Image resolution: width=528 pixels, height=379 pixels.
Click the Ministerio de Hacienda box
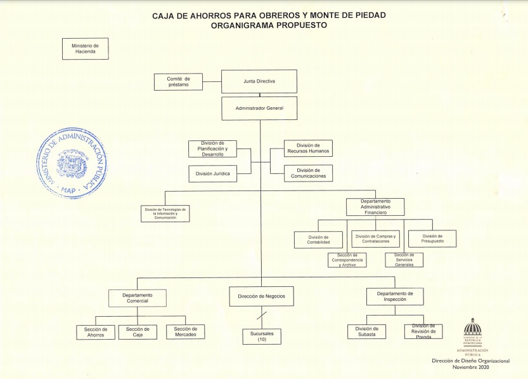(85, 49)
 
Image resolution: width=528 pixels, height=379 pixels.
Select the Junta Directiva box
(259, 81)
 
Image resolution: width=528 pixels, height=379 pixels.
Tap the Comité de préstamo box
(178, 81)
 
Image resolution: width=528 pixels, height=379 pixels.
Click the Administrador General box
(259, 108)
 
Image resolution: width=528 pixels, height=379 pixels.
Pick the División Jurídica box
(212, 173)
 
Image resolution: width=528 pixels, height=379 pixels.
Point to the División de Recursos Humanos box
(308, 148)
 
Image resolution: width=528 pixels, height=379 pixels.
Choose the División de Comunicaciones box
(308, 173)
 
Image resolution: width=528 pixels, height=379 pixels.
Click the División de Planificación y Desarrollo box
(212, 149)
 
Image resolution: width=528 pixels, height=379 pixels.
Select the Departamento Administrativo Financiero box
(375, 207)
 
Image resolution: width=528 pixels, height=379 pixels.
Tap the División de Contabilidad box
(318, 239)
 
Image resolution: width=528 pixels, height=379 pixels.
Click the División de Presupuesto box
(432, 238)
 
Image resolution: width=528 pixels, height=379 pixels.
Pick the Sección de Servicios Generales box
(404, 260)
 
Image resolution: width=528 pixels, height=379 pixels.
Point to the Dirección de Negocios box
(261, 296)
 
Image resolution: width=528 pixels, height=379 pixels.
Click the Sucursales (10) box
(261, 336)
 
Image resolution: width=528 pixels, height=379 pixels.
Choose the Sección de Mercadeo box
(185, 331)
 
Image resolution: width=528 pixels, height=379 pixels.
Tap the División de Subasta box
(366, 331)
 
